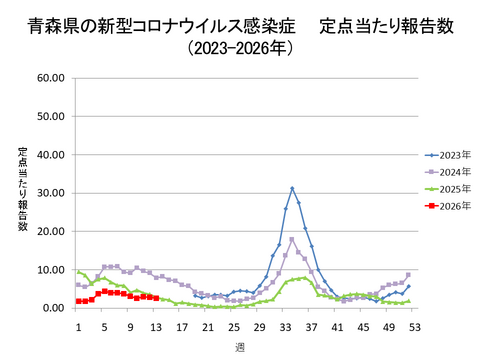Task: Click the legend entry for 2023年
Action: pos(447,155)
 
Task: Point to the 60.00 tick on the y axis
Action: pos(50,77)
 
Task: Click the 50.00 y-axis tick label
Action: pos(50,116)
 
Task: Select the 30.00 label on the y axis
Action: pos(50,193)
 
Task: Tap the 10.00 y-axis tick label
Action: pos(50,270)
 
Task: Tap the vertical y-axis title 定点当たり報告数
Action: pos(22,190)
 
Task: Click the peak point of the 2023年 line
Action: pos(292,188)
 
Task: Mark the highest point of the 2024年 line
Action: pos(292,239)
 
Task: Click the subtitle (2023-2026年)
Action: pos(239,46)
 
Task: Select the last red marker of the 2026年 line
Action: pos(156,298)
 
